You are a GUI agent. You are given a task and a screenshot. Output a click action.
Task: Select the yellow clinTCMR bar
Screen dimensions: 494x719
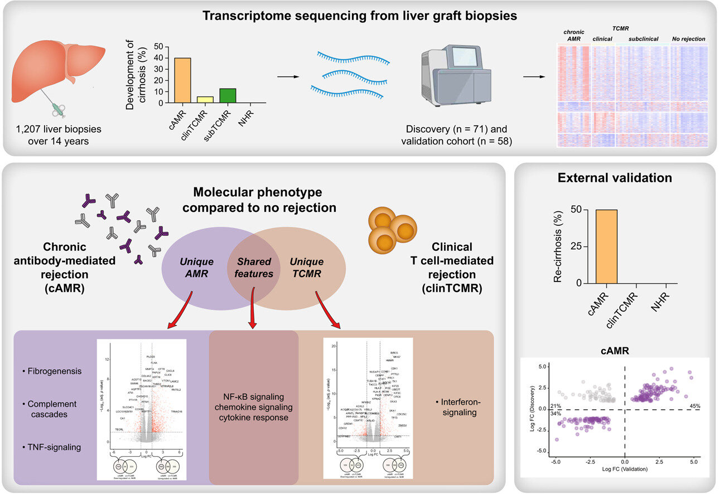tap(205, 100)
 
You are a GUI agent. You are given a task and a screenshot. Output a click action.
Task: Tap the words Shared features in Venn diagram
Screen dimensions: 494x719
tap(255, 268)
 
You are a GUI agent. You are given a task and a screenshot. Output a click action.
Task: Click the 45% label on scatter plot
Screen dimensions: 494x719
tap(695, 405)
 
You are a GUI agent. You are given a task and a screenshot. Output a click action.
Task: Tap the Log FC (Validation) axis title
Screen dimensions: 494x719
tap(625, 469)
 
